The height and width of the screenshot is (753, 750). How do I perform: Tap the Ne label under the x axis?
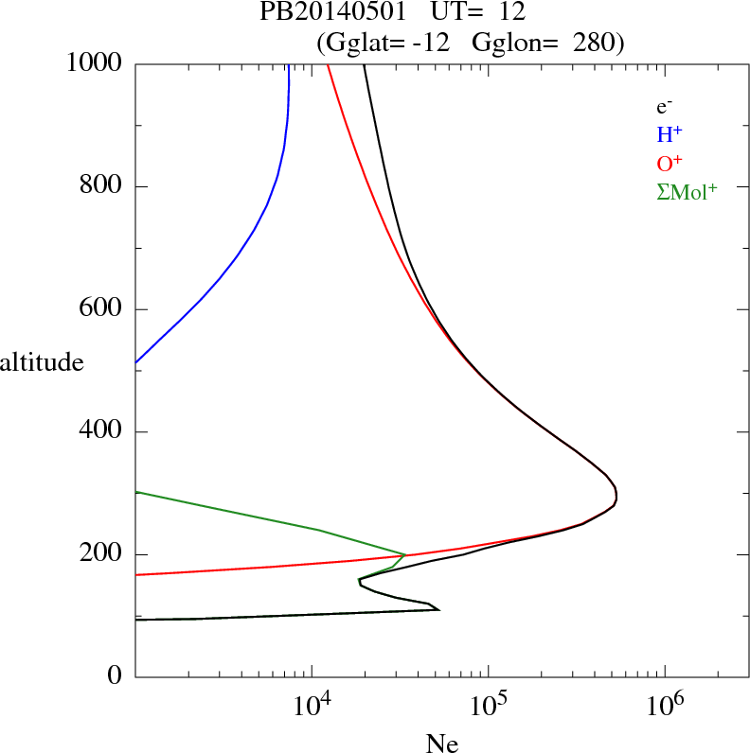441,744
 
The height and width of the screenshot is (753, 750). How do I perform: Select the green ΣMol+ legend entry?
687,191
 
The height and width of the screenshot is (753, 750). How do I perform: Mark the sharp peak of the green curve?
405,555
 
